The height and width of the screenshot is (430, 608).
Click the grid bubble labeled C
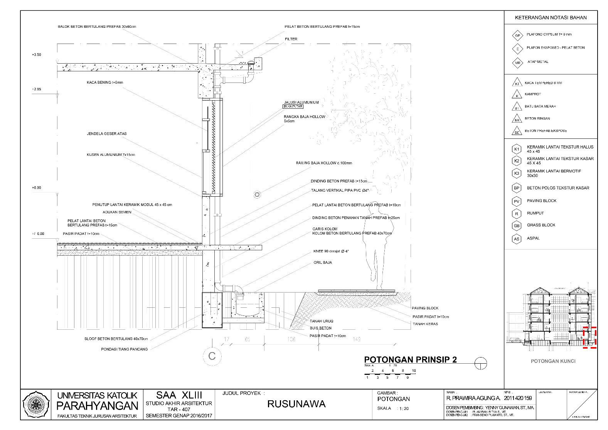point(212,356)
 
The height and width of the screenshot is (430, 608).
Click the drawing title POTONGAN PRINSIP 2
point(410,359)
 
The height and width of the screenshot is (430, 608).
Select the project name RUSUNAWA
point(296,404)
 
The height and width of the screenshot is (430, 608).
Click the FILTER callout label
point(291,39)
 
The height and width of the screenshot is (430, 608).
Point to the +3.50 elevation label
point(37,55)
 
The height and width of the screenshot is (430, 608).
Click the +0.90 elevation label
point(37,188)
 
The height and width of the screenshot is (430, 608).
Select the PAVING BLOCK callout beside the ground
point(425,308)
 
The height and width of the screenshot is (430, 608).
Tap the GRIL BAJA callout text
point(323,263)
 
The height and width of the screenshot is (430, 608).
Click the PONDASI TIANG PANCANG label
point(124,349)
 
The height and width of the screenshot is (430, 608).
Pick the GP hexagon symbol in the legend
point(517,35)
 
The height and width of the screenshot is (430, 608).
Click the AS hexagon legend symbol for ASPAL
point(516,239)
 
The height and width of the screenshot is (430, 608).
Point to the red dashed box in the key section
point(589,337)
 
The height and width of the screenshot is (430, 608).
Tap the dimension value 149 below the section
point(357,339)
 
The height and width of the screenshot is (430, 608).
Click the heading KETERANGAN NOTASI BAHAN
point(551,18)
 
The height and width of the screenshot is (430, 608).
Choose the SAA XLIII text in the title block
point(179,395)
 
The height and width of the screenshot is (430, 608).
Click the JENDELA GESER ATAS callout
point(107,134)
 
